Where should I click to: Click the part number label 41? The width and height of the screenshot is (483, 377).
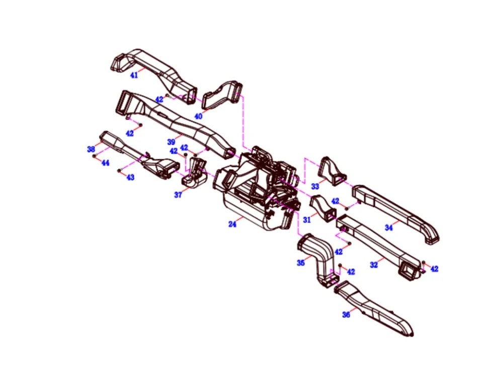[134, 75]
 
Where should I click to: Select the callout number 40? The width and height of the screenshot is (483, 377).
[198, 116]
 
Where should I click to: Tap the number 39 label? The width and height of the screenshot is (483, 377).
[171, 142]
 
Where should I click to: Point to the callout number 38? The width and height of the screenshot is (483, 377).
[91, 149]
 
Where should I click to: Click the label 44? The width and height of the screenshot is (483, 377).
[105, 163]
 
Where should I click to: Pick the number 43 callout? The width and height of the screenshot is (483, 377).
[130, 177]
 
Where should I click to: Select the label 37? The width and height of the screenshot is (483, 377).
[178, 195]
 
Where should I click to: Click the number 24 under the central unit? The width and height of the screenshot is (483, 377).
[232, 224]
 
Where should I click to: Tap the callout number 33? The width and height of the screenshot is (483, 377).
[315, 186]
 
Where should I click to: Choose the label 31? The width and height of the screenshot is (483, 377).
[307, 220]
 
